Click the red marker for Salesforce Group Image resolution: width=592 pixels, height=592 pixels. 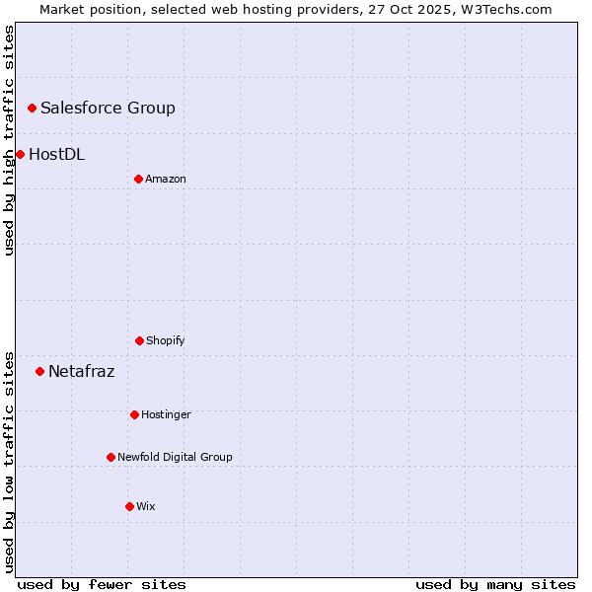(x=32, y=108)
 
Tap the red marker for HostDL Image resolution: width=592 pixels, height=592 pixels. (x=20, y=154)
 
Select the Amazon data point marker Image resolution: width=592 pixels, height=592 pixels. (x=138, y=179)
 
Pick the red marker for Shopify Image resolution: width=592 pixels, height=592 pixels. (x=139, y=340)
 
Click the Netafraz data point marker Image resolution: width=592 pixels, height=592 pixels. (x=39, y=371)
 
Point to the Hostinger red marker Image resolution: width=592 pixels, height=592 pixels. (x=134, y=414)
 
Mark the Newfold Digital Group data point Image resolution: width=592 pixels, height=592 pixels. (x=111, y=457)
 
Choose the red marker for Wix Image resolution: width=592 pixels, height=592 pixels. (x=129, y=506)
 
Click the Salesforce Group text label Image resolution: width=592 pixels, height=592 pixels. (x=108, y=108)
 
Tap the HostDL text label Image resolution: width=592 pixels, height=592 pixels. (x=56, y=154)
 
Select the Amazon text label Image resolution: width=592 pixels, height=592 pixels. (x=166, y=179)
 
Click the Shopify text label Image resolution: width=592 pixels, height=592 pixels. (x=166, y=340)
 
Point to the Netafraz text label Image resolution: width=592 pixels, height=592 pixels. (x=81, y=371)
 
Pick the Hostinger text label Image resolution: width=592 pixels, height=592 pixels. (x=166, y=414)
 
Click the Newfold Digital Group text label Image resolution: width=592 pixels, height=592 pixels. (x=175, y=457)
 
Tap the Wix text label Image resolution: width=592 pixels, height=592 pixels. (x=146, y=506)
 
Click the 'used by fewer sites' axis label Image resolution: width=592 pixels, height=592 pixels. (x=102, y=584)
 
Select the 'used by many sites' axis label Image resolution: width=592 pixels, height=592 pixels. (x=495, y=584)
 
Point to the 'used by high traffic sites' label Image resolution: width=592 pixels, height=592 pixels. (x=9, y=140)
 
